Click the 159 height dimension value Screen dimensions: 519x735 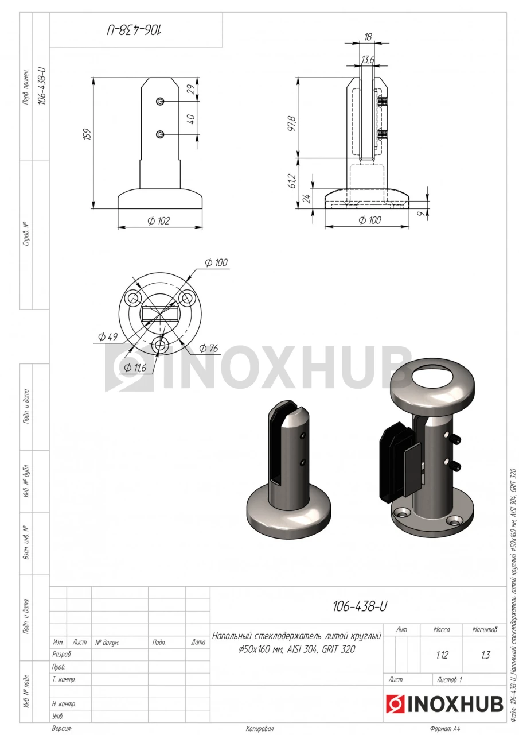pyautogui.click(x=88, y=134)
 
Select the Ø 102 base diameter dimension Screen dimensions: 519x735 pyautogui.click(x=159, y=221)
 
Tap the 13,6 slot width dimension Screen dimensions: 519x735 pyautogui.click(x=368, y=60)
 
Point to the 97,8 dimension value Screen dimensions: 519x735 pyautogui.click(x=292, y=123)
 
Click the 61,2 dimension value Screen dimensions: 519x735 pyautogui.click(x=292, y=181)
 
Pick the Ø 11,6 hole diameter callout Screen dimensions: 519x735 pyautogui.click(x=135, y=367)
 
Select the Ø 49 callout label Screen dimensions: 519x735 pyautogui.click(x=108, y=336)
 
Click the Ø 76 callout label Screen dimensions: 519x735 pyautogui.click(x=208, y=348)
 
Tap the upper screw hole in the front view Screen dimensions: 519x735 pyautogui.click(x=160, y=102)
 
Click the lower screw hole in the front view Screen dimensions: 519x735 pyautogui.click(x=160, y=134)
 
